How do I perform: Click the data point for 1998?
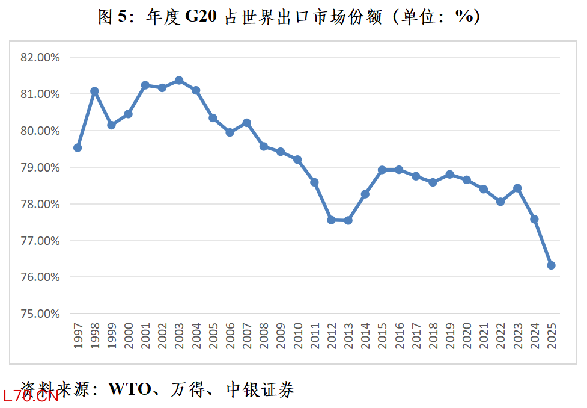pos(94,91)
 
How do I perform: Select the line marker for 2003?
pos(179,81)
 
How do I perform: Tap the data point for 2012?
pos(331,220)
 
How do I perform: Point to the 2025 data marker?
pos(551,265)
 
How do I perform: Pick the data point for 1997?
pos(78,147)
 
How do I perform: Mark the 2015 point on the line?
pos(382,170)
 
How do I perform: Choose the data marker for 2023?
pos(517,188)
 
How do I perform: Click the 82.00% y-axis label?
pos(40,58)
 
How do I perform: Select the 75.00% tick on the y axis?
pos(40,314)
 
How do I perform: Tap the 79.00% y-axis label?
pos(40,168)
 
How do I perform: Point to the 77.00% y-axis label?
pos(40,241)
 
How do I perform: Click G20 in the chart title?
pos(201,18)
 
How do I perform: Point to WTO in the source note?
pos(129,389)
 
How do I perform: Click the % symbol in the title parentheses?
pos(464,17)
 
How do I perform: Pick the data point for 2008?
pos(264,146)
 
